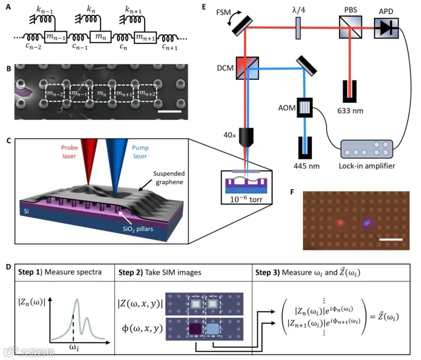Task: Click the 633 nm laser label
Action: click(350, 111)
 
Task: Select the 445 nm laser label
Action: click(307, 166)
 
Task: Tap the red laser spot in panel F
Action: click(340, 222)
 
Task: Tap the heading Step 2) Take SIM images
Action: click(160, 272)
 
